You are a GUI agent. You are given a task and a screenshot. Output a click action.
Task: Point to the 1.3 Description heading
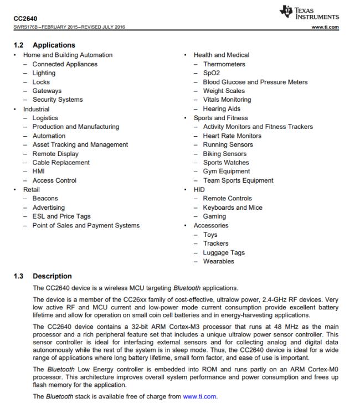[46, 276]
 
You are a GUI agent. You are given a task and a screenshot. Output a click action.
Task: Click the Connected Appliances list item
[64, 64]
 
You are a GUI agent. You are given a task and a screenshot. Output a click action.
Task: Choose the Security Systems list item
[57, 100]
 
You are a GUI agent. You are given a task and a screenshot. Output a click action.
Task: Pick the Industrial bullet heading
[36, 109]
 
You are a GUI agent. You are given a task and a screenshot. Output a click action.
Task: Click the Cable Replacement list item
[60, 163]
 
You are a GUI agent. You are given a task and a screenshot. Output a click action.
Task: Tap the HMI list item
[39, 172]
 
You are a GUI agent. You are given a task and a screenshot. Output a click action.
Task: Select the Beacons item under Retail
[45, 198]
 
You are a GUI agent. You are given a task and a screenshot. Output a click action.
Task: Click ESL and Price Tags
[61, 216]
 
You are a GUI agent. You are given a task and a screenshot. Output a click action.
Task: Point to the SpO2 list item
[212, 73]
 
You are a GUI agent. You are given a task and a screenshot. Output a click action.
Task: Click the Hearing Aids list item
[222, 109]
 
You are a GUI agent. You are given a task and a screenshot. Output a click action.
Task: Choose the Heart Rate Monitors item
[232, 136]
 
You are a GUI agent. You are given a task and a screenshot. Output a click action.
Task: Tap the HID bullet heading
[199, 189]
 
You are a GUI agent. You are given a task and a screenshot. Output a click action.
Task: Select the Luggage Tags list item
[223, 252]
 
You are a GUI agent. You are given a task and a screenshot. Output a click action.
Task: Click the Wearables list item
[218, 261]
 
